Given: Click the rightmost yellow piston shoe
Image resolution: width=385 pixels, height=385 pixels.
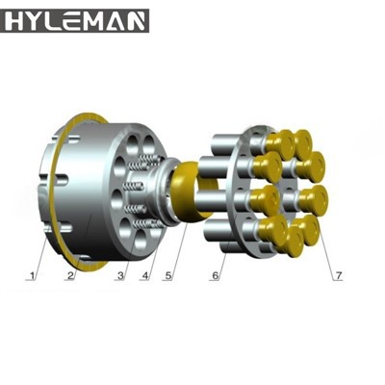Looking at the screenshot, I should point(315,199).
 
